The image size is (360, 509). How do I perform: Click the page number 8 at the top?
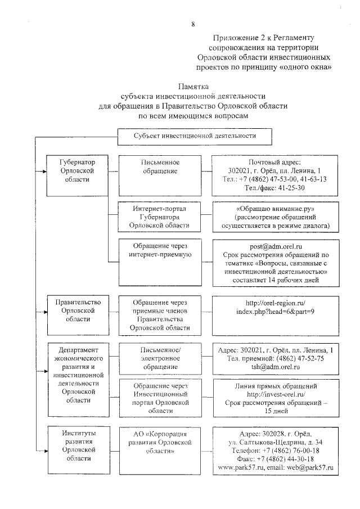pos(193,24)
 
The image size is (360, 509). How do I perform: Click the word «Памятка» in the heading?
pos(193,87)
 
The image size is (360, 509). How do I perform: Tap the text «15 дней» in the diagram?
pos(276,412)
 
